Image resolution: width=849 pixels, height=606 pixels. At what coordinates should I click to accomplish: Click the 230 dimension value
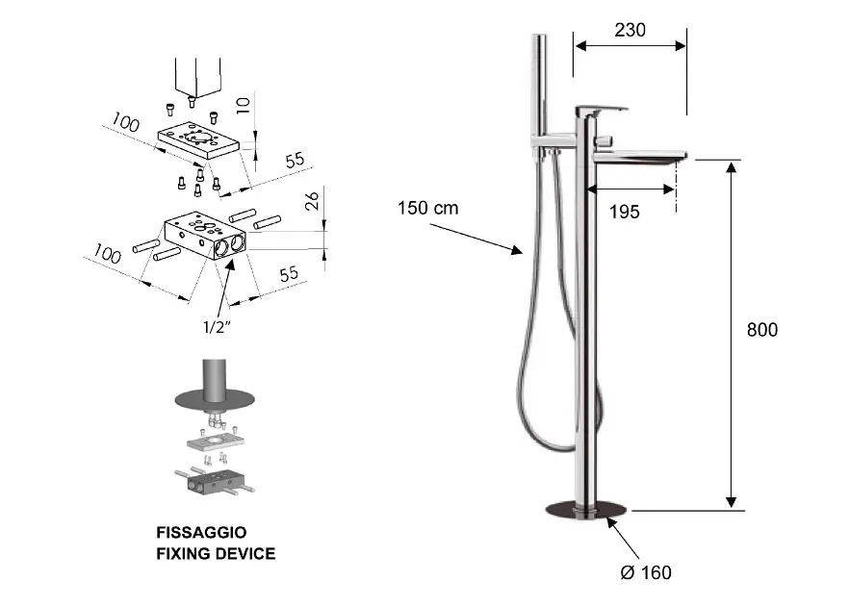point(630,30)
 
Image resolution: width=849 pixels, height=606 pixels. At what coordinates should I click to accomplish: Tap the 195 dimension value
point(625,212)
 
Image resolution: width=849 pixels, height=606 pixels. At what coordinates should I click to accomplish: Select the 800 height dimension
point(762,330)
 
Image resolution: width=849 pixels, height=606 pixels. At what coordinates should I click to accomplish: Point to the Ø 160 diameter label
point(645,573)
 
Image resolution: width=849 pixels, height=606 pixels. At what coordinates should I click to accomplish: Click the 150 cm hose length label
point(427,208)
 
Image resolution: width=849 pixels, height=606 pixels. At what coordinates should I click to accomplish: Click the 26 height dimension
point(310,200)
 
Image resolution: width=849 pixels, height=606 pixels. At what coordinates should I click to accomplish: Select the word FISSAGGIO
point(201,532)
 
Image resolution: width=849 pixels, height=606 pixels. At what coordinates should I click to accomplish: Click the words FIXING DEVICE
point(216,553)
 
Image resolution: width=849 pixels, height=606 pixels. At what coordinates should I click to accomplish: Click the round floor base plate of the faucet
point(585,510)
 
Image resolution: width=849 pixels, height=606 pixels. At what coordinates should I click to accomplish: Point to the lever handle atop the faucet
point(601,111)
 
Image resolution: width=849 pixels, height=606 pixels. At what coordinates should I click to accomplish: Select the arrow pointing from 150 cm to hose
point(476,239)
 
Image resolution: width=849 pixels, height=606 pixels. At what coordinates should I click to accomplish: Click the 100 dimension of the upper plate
point(125,122)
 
